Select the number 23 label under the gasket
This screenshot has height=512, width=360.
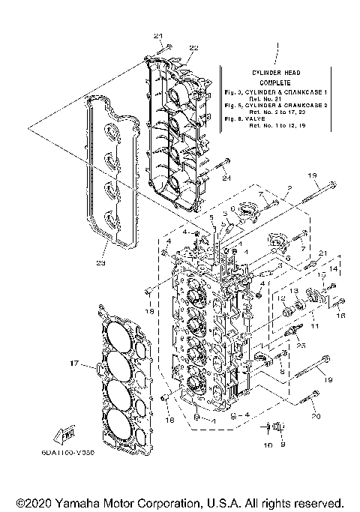point(101,263)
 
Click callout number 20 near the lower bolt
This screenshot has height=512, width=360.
point(316,415)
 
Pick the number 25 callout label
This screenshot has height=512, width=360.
point(301,345)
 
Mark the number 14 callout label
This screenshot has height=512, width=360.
point(334,268)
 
